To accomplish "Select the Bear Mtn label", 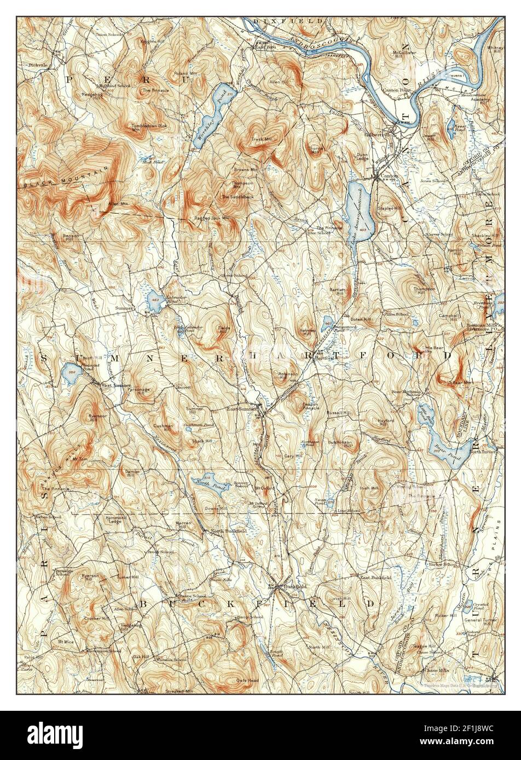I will (x=462, y=383).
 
